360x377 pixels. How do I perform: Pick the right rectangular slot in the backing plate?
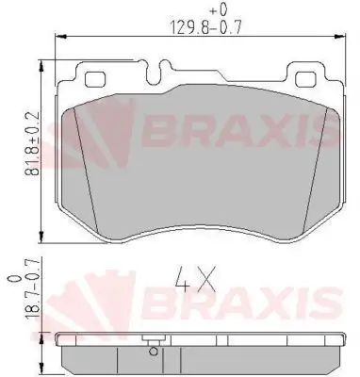(307, 78)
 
